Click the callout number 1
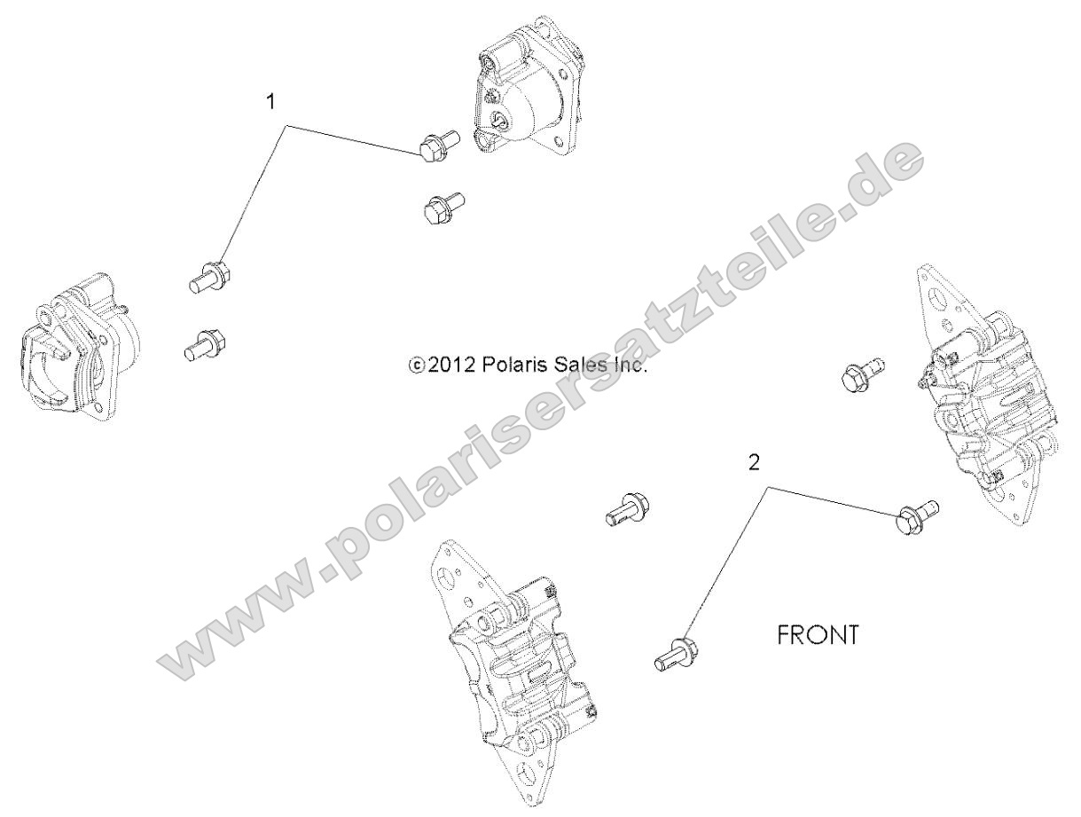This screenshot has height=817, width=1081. (271, 101)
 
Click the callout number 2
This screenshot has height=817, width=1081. (754, 462)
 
